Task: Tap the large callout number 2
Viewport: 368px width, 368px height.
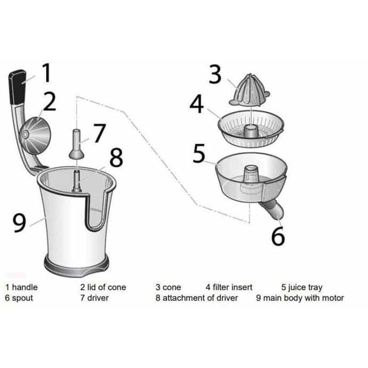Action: pos(49,102)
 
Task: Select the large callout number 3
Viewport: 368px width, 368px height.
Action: pos(215,75)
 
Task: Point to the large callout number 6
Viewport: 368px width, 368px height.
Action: pos(278,236)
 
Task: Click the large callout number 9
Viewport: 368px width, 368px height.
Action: pos(18,223)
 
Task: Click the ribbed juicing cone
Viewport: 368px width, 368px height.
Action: pos(250,89)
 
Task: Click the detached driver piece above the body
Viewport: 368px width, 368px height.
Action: pos(76,144)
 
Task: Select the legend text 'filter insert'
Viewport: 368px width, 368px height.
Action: pos(233,287)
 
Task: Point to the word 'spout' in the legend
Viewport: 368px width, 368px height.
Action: pos(22,298)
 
